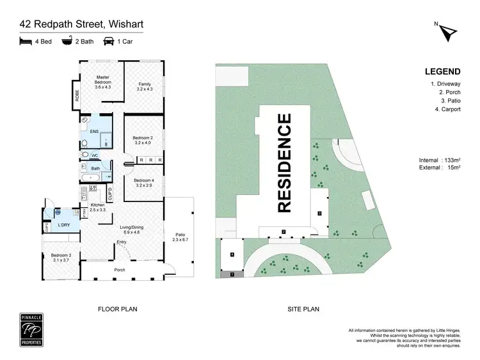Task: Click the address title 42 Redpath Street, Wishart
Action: [81, 25]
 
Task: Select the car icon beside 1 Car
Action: [109, 42]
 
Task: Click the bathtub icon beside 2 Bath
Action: [67, 42]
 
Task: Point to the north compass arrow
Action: [448, 31]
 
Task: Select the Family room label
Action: [145, 86]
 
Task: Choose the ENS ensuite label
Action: [93, 132]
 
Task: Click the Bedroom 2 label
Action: [143, 140]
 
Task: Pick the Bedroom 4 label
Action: [143, 182]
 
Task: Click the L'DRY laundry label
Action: [64, 225]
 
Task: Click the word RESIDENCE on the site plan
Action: [284, 162]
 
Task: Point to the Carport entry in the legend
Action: [447, 109]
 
